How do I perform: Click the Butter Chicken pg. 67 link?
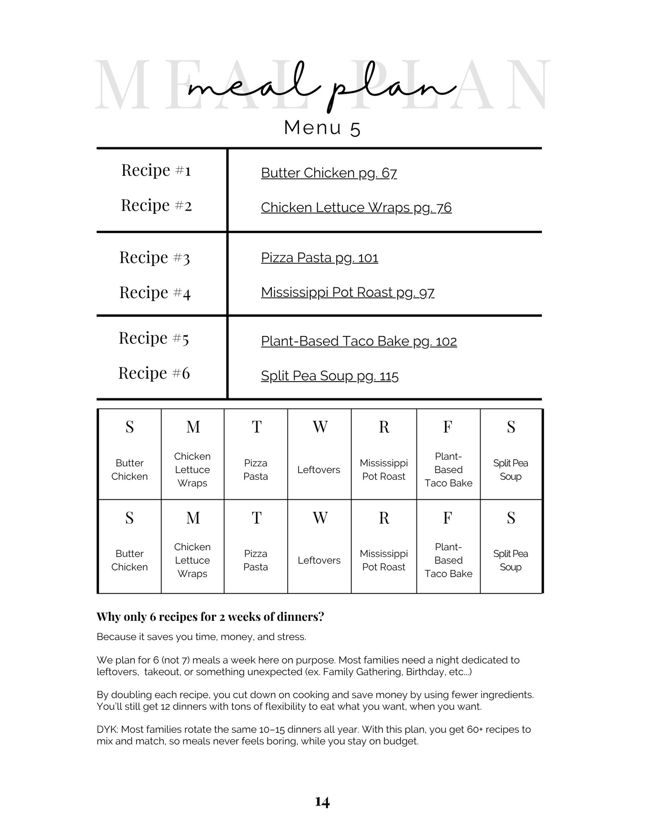329,173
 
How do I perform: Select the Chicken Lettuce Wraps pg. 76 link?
356,208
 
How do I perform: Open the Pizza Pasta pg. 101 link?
319,258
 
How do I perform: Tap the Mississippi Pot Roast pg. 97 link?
347,292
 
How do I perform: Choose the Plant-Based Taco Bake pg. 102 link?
358,341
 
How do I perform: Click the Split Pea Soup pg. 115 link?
329,376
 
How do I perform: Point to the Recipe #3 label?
154,258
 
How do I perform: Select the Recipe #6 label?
154,373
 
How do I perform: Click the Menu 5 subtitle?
322,128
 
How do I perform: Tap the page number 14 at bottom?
322,802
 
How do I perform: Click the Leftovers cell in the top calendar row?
319,469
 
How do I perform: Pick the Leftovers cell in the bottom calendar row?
319,560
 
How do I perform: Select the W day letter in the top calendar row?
320,427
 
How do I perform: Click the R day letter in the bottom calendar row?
384,518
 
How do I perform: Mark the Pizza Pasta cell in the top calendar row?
255,469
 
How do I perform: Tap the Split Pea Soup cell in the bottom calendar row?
511,560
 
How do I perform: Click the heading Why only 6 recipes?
210,617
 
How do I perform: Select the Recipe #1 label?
156,170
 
